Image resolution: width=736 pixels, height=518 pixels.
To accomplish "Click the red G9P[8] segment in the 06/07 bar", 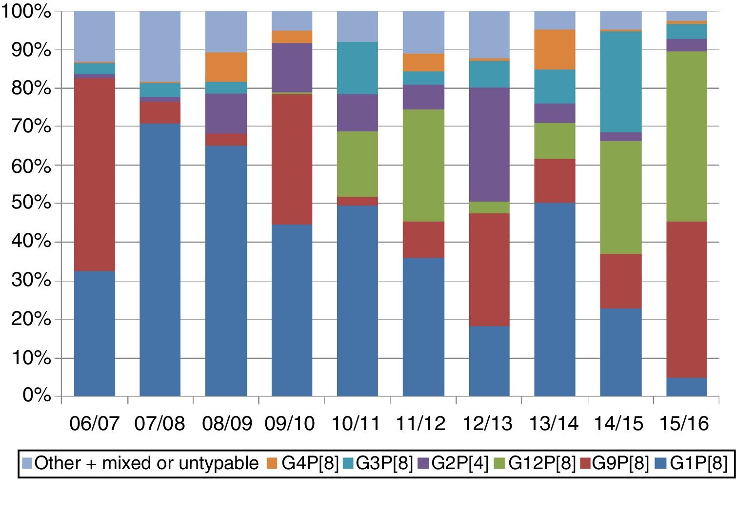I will [94, 174].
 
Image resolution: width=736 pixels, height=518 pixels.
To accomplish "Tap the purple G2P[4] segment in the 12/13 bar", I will [489, 145].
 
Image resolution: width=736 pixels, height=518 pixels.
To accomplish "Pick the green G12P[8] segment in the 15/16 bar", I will [687, 136].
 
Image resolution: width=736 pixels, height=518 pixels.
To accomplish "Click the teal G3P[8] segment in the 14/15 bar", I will [620, 82].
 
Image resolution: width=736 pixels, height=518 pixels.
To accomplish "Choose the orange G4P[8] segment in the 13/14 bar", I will [555, 49].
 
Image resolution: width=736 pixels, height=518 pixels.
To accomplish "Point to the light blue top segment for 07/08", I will [160, 46].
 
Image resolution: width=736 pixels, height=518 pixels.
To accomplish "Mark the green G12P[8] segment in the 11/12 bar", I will [423, 166].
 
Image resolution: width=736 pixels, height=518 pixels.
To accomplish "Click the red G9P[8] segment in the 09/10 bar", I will [292, 159].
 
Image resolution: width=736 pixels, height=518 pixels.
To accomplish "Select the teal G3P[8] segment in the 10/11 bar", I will [357, 68].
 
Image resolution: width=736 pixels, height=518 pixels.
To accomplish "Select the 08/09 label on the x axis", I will [227, 423].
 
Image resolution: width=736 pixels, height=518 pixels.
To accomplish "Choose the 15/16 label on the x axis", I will [684, 423].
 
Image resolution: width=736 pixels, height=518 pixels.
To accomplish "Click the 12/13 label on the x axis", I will [488, 423].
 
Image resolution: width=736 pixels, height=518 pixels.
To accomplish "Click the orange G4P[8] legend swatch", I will [272, 463].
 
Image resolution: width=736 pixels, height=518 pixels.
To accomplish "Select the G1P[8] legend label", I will [698, 463].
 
